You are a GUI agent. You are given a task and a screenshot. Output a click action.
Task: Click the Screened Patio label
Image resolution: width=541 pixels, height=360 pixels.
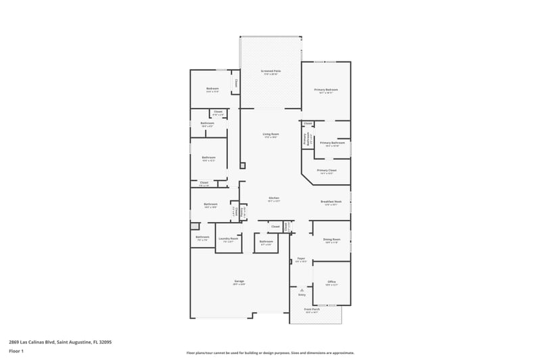[270, 71]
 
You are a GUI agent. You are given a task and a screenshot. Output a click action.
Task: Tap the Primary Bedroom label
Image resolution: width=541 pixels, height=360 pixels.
[326, 89]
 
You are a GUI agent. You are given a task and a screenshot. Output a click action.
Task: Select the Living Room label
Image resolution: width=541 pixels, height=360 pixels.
[271, 135]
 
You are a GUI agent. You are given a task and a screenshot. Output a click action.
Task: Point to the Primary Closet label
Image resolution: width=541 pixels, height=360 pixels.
[327, 171]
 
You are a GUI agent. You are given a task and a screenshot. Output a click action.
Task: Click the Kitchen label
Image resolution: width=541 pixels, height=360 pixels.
[274, 198]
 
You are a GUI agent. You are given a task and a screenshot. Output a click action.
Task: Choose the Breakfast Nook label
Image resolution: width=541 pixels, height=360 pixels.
[331, 201]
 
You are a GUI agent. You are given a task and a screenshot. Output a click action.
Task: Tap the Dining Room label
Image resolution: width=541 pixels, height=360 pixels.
[331, 240]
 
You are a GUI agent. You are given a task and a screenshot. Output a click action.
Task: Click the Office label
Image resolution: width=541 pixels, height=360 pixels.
[331, 282]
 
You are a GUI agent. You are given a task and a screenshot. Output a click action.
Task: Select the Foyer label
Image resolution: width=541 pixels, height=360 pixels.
[301, 258]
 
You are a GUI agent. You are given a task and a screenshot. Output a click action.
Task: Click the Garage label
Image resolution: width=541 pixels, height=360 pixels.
[239, 281]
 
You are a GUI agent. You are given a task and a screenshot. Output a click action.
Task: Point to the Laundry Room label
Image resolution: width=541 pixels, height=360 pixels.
[228, 238]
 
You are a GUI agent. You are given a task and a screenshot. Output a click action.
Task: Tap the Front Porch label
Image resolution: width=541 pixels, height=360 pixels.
[312, 309]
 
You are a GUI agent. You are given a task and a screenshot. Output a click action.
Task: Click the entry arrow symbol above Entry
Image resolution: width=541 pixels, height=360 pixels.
[302, 290]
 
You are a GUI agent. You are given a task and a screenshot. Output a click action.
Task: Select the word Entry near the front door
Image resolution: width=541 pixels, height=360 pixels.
[302, 295]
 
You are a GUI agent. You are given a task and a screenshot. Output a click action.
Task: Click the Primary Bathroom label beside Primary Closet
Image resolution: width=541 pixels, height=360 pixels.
[333, 143]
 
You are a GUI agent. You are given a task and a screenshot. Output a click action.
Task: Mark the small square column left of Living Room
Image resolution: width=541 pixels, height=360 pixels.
[242, 164]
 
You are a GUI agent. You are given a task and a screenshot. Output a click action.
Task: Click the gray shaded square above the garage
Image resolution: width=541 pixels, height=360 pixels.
[195, 227]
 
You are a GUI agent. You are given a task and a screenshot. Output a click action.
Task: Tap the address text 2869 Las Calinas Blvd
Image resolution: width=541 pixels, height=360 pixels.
[60, 342]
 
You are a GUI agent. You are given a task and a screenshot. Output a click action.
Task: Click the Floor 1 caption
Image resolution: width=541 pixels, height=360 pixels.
[16, 351]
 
